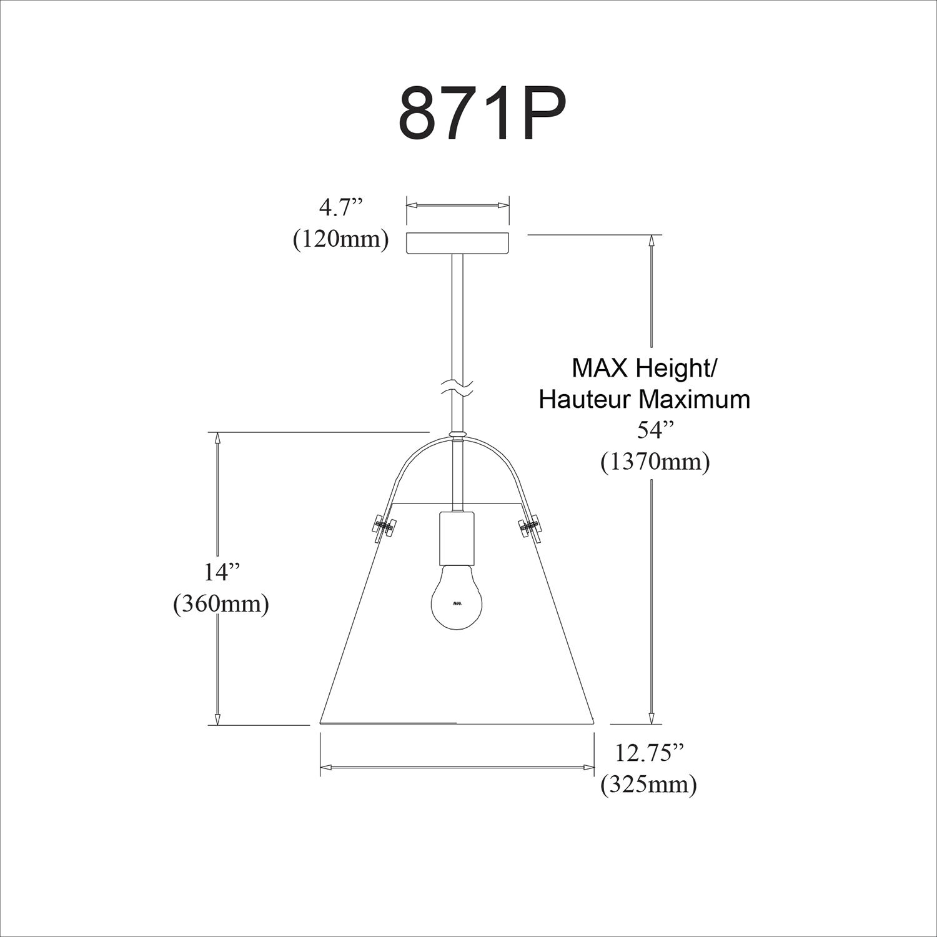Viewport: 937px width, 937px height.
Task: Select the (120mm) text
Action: point(341,239)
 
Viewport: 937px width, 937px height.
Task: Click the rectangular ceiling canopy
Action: point(458,243)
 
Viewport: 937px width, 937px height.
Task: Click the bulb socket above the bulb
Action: point(457,537)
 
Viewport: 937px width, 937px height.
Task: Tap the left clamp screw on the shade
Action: point(383,528)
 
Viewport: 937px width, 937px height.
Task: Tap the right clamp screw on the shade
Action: point(530,528)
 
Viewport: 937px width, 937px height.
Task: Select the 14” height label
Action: point(222,572)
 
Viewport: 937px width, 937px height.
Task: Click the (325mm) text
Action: point(648,785)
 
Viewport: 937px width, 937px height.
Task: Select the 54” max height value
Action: point(655,431)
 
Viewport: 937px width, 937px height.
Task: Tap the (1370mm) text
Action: point(655,462)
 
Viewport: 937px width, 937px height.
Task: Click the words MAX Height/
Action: point(644,369)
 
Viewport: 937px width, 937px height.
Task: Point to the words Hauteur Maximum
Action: point(644,400)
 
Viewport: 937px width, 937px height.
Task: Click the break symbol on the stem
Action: point(457,389)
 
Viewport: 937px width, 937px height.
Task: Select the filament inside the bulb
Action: point(457,603)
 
